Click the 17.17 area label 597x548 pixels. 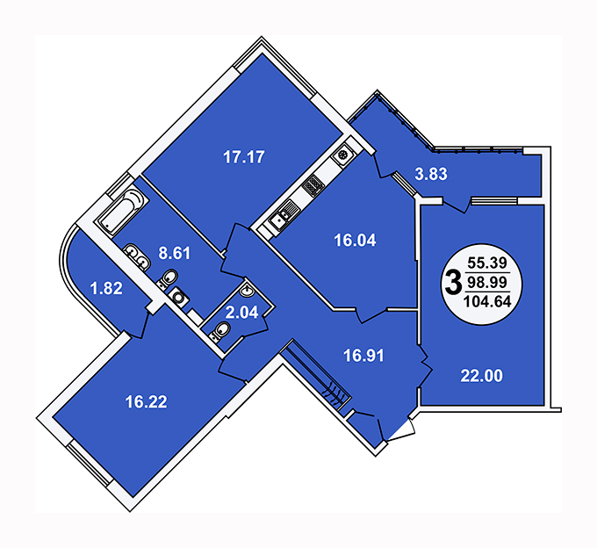[244, 157]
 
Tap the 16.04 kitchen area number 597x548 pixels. [355, 241]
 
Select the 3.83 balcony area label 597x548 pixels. [431, 174]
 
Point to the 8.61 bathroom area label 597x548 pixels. [175, 253]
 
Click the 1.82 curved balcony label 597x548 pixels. [106, 288]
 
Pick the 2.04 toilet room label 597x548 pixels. [241, 313]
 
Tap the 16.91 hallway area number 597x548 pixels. [364, 356]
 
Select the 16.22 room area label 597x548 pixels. [147, 401]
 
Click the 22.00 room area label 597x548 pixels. [482, 376]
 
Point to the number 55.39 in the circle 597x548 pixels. [487, 263]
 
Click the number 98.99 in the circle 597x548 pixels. [487, 282]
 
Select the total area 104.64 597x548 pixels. [487, 302]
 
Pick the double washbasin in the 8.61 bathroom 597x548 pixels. [137, 256]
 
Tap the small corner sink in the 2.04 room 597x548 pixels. [247, 291]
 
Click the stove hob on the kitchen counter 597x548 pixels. [313, 186]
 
